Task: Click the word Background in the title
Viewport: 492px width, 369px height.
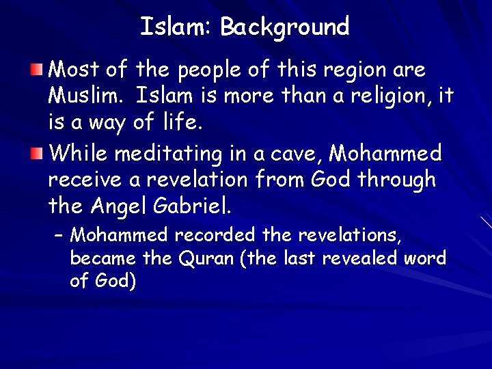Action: (284, 27)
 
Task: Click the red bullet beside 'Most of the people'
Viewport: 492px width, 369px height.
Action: (38, 69)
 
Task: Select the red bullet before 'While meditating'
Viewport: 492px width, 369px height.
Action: (38, 153)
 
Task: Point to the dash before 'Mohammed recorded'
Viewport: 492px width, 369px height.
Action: (59, 236)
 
